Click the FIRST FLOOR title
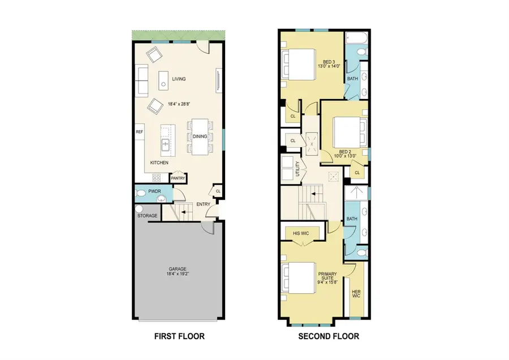pyautogui.click(x=179, y=336)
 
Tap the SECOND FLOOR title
pyautogui.click(x=329, y=336)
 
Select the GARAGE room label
pyautogui.click(x=177, y=269)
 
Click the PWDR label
pyautogui.click(x=154, y=191)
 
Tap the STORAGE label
pyautogui.click(x=147, y=216)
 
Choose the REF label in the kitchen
pyautogui.click(x=139, y=132)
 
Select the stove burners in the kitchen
pyautogui.click(x=157, y=177)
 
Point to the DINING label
pyautogui.click(x=200, y=136)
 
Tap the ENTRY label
pyautogui.click(x=203, y=204)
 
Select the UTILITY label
pyautogui.click(x=297, y=169)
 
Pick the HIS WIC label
pyautogui.click(x=300, y=233)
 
